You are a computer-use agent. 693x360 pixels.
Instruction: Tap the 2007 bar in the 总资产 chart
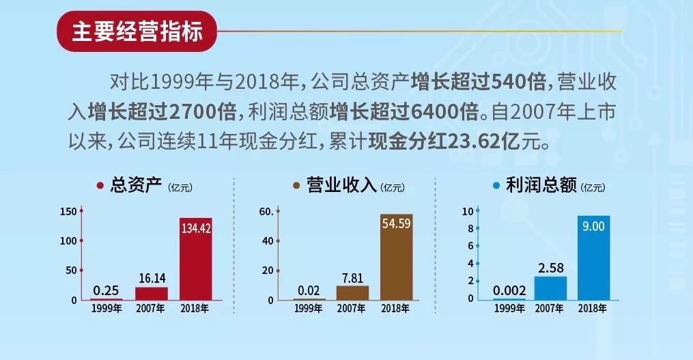click(x=151, y=293)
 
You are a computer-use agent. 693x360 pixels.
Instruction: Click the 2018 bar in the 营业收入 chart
click(x=396, y=257)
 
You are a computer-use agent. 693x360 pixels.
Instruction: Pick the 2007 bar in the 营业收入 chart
click(x=352, y=292)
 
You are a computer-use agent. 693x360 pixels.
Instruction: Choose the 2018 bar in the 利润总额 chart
click(x=593, y=258)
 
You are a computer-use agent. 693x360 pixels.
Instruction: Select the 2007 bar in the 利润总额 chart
click(x=550, y=288)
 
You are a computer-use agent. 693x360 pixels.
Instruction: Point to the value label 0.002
click(x=509, y=289)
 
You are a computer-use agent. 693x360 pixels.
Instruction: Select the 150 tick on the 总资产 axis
click(x=68, y=211)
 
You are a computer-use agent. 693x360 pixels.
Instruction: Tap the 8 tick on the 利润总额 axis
click(x=470, y=228)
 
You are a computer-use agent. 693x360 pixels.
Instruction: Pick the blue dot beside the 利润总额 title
click(x=496, y=185)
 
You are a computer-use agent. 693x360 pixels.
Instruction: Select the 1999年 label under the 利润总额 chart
click(x=509, y=309)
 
